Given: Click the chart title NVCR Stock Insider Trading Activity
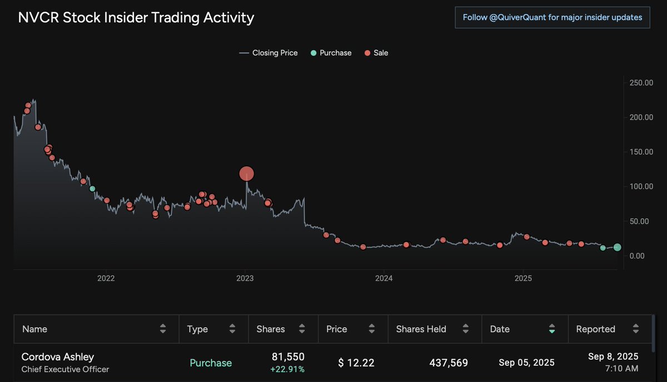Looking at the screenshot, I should [x=136, y=18].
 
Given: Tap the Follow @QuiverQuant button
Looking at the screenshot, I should [x=552, y=17].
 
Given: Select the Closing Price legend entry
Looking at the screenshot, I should [x=268, y=53].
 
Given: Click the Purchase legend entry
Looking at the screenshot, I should [x=331, y=53].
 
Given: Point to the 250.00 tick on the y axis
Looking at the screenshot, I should [x=641, y=83].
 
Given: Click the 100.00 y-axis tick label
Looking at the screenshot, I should [x=641, y=186].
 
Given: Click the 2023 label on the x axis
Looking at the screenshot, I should [x=245, y=278].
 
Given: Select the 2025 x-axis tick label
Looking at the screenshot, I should [x=523, y=278].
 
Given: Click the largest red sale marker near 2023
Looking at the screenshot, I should [x=246, y=174].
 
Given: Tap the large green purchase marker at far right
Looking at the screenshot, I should [x=618, y=247].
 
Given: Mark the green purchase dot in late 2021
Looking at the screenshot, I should [x=92, y=189].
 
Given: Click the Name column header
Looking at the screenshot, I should [x=34, y=329].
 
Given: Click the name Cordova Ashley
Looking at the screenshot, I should [x=57, y=356].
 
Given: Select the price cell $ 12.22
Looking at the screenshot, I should [x=356, y=363].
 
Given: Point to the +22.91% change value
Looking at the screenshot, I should [x=287, y=369].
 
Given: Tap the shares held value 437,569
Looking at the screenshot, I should [x=448, y=363].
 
